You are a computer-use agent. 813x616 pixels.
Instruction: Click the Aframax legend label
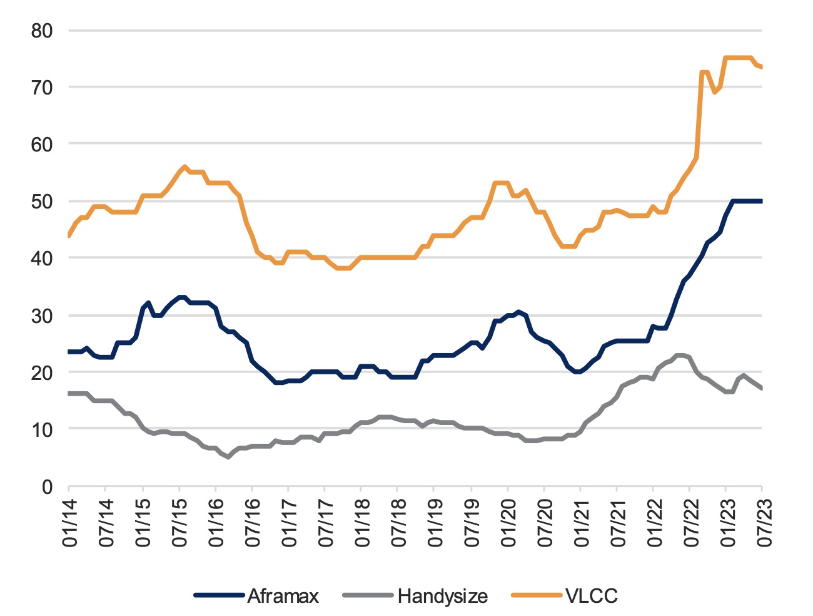click(x=283, y=596)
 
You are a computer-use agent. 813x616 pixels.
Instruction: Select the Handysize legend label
click(x=442, y=596)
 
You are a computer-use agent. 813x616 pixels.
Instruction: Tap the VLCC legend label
click(x=591, y=596)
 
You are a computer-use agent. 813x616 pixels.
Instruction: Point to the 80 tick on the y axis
click(x=43, y=31)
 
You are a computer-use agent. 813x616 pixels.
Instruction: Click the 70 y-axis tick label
click(x=43, y=88)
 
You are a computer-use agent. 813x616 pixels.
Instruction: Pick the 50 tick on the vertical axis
click(x=43, y=202)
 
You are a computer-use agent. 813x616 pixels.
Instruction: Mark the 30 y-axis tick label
click(x=43, y=316)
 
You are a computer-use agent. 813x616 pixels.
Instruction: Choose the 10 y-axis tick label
click(x=43, y=429)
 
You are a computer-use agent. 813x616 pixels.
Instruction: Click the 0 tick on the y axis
click(x=48, y=486)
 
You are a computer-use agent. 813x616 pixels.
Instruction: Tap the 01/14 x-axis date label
click(x=70, y=521)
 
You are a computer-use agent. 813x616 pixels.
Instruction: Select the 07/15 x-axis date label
click(x=179, y=521)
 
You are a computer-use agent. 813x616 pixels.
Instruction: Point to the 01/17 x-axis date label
click(x=289, y=521)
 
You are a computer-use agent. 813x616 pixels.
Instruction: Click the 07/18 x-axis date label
click(x=398, y=521)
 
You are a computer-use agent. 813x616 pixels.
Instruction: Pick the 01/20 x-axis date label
click(x=508, y=521)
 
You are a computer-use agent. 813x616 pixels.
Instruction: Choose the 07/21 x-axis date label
click(x=617, y=521)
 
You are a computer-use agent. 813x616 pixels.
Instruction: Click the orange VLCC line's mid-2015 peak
click(x=184, y=167)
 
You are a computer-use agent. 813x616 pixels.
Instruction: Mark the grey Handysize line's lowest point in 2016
click(x=228, y=457)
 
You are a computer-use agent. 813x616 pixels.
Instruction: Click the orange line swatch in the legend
click(x=537, y=596)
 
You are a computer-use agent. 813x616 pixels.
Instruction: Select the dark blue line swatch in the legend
click(x=218, y=596)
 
